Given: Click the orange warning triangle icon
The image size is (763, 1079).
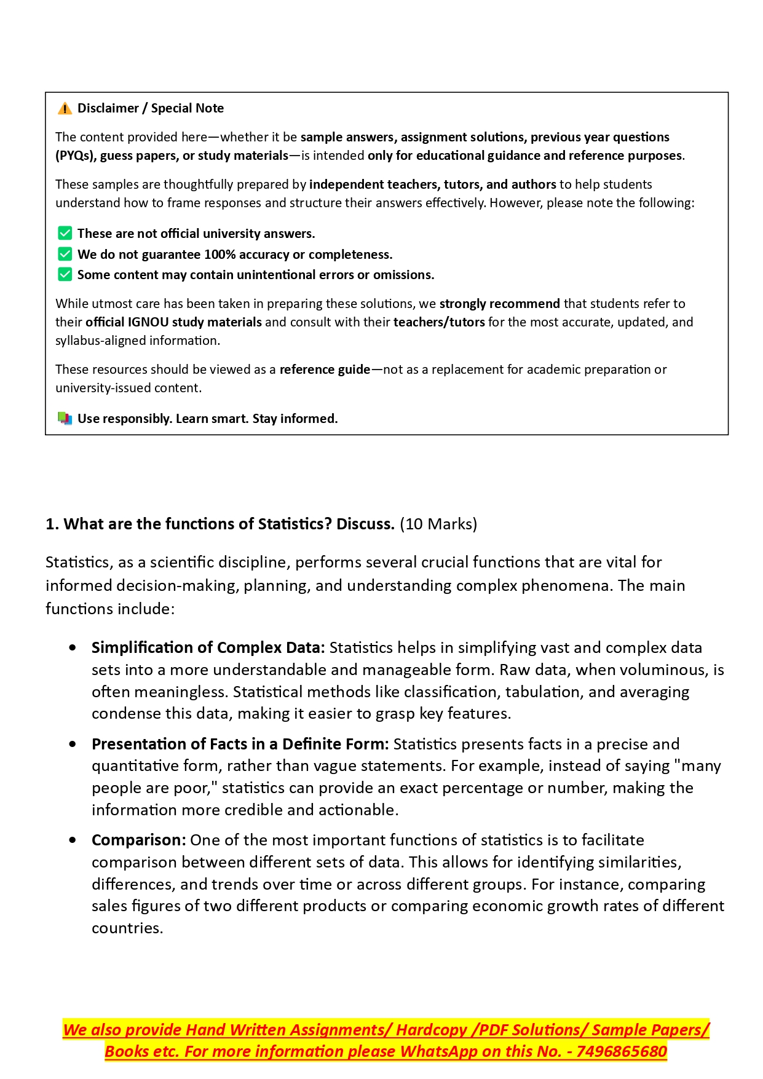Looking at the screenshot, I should click(x=65, y=109).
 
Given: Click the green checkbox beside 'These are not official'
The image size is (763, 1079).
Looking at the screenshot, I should click(x=65, y=233).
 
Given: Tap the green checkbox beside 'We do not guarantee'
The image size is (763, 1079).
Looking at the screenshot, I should click(x=65, y=254).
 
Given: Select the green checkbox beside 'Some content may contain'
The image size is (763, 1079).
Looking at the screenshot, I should click(x=65, y=274).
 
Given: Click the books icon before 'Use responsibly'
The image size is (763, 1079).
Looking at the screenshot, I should click(x=65, y=418).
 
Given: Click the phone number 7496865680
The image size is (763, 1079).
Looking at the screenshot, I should click(x=622, y=1051).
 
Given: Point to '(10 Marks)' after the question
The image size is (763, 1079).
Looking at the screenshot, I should click(x=438, y=524).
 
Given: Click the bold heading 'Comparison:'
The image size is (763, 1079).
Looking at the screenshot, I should click(x=138, y=840).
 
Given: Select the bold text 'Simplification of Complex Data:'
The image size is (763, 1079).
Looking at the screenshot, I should click(x=208, y=647).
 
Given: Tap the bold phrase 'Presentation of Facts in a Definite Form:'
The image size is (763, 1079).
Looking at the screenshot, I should click(x=240, y=744).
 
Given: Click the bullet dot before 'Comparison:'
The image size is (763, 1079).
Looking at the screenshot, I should click(x=73, y=840).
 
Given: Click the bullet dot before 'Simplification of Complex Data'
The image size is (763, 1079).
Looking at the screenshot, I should click(x=73, y=647).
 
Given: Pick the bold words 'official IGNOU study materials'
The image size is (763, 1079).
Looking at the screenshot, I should click(x=173, y=322).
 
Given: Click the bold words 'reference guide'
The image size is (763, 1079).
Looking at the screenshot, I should click(x=325, y=370).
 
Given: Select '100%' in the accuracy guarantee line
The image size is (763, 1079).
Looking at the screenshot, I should click(x=220, y=255).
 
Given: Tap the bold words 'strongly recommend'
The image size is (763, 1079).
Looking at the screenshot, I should click(x=499, y=304).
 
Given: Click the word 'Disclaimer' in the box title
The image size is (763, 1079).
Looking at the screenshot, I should click(x=108, y=108).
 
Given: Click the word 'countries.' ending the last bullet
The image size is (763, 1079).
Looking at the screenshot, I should click(x=127, y=928).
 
